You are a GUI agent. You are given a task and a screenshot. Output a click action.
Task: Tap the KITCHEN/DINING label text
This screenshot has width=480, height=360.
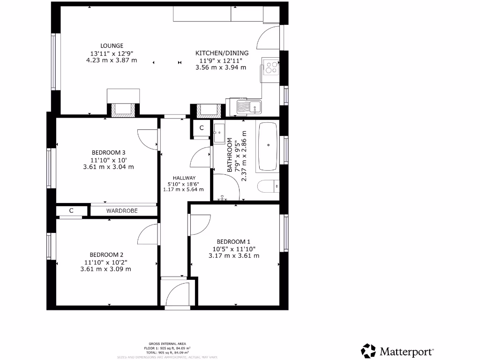222,53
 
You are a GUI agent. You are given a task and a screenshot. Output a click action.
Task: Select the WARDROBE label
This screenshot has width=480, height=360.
122,211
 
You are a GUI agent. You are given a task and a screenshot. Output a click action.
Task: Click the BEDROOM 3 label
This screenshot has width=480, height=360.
108,152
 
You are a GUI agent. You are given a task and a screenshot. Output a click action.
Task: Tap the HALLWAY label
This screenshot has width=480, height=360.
184,178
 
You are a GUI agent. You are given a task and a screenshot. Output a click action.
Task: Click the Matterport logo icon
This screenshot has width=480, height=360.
368,351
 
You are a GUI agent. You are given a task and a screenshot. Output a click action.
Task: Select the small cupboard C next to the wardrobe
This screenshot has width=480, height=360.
71,211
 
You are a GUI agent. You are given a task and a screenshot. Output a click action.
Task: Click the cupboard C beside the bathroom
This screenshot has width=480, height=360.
202,127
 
